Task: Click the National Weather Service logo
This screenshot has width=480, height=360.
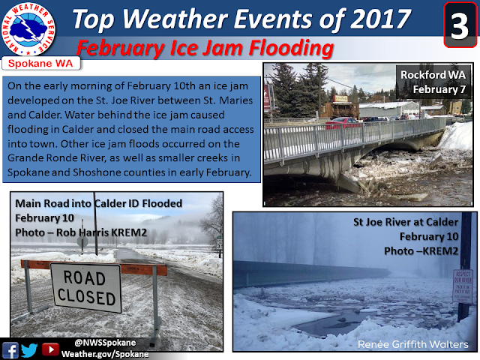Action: pos(28,29)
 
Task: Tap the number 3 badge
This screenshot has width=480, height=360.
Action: pos(460,25)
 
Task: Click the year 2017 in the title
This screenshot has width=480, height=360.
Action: pos(380,19)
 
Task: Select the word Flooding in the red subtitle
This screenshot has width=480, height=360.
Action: pos(291,48)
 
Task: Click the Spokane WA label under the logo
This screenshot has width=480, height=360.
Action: pos(40,64)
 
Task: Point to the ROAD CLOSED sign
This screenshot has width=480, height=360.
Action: pos(86,287)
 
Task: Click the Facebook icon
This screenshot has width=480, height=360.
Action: pos(10,350)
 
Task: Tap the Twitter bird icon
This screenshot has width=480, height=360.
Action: pos(29,350)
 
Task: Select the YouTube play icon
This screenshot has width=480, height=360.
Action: pos(50,349)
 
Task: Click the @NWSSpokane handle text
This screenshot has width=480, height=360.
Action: pos(105,343)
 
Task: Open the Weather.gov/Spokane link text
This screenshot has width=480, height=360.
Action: pos(105,354)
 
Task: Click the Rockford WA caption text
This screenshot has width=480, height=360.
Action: pos(433,75)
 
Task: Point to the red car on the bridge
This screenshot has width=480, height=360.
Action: pos(342,122)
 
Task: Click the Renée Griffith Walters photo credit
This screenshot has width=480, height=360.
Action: pos(413,344)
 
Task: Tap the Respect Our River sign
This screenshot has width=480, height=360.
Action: pos(463,286)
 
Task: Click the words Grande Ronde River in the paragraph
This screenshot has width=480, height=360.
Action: pos(56,158)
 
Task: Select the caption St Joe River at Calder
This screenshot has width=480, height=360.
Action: pos(406,222)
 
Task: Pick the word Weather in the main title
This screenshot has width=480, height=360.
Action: pos(175,19)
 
